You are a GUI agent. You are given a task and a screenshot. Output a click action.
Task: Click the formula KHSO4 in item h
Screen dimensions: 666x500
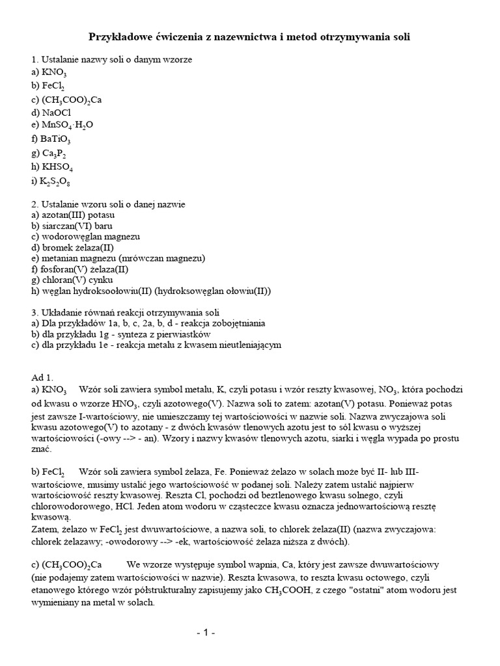pos(57,166)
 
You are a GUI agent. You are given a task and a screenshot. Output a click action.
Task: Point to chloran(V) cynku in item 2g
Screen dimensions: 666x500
pos(73,280)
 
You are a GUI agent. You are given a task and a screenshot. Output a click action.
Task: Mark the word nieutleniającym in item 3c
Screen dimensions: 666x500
pos(249,345)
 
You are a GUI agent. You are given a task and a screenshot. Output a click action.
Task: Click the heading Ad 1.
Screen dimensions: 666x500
pos(42,377)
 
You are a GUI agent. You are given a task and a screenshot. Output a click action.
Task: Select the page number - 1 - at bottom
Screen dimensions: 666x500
pos(206,632)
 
